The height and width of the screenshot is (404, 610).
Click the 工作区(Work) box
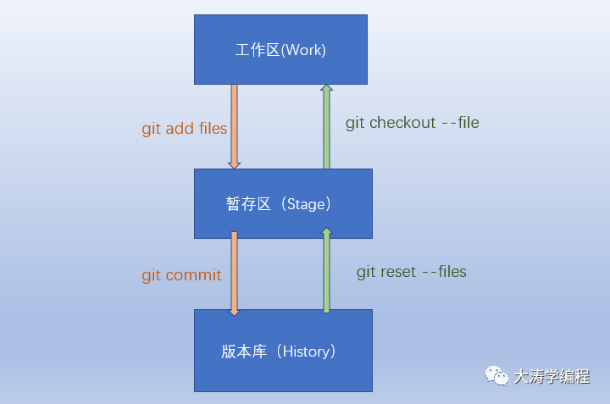280,49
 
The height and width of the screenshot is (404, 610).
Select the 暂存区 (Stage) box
283,203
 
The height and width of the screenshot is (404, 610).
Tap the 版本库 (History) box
283,351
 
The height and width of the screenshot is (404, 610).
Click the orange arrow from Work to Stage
234,127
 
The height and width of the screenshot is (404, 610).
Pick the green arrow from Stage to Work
326,127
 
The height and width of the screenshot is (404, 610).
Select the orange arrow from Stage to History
234,274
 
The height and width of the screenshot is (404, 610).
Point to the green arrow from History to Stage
326,270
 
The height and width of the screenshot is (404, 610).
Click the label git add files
185,129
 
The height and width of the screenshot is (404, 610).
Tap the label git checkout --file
413,123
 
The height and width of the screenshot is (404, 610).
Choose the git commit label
181,275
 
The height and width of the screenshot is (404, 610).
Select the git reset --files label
412,272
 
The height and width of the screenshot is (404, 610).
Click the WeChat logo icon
496,376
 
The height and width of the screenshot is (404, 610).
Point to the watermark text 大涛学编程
552,376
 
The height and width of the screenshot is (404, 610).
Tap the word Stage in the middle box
306,204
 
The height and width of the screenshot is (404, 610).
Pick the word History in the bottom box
306,351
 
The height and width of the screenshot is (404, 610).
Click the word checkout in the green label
402,123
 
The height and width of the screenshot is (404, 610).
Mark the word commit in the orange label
193,275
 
